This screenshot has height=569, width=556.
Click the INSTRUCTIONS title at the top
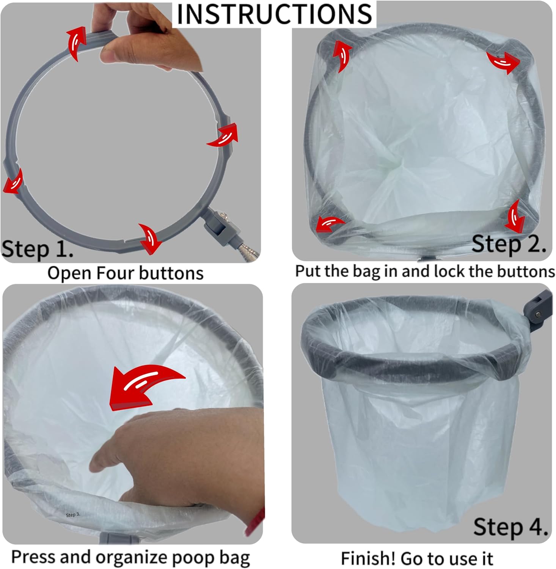click(x=274, y=14)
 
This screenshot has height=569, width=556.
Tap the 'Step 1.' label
click(x=38, y=249)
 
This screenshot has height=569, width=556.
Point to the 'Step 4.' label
click(x=510, y=527)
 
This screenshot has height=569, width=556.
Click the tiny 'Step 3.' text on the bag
click(x=73, y=515)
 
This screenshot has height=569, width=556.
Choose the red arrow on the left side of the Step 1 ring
click(x=13, y=181)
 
